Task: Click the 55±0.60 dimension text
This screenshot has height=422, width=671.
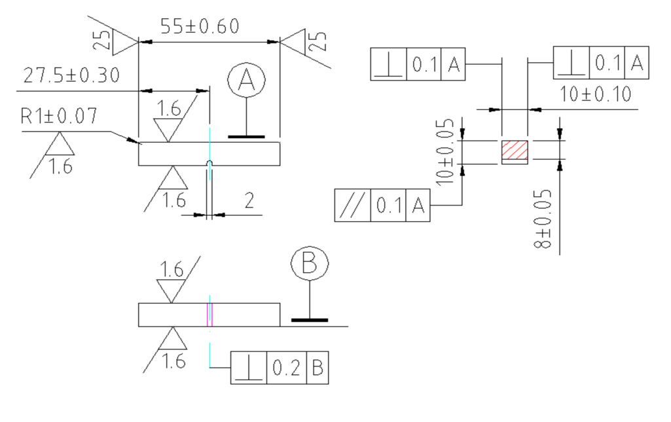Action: coord(200,27)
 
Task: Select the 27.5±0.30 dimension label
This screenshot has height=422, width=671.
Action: coord(71,75)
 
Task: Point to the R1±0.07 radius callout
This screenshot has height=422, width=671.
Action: coord(59,117)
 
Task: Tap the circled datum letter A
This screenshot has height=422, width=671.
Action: coord(246,80)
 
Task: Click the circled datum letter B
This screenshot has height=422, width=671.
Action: coord(310,264)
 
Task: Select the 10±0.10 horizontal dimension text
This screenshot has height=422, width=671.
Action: coord(596,95)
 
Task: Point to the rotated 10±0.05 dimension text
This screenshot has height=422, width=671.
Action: coord(448,151)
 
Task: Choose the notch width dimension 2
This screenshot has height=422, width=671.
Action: coord(249,201)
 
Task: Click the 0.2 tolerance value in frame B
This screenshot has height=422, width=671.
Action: coord(285,368)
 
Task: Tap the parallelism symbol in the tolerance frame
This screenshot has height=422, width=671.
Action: coord(353,206)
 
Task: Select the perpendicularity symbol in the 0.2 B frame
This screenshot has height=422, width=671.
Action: coord(247,368)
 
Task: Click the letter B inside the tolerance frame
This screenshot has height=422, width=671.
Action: coord(317,368)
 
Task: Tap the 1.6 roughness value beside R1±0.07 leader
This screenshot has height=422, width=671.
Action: coord(60,167)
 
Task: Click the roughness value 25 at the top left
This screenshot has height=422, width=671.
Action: coord(100,41)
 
